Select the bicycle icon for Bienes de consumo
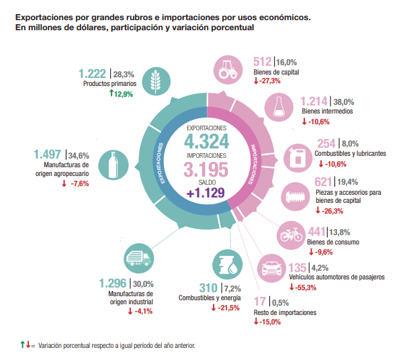(x=293, y=236)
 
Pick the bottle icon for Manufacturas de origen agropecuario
(x=113, y=165)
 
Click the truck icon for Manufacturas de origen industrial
(x=138, y=259)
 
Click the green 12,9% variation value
(x=124, y=95)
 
